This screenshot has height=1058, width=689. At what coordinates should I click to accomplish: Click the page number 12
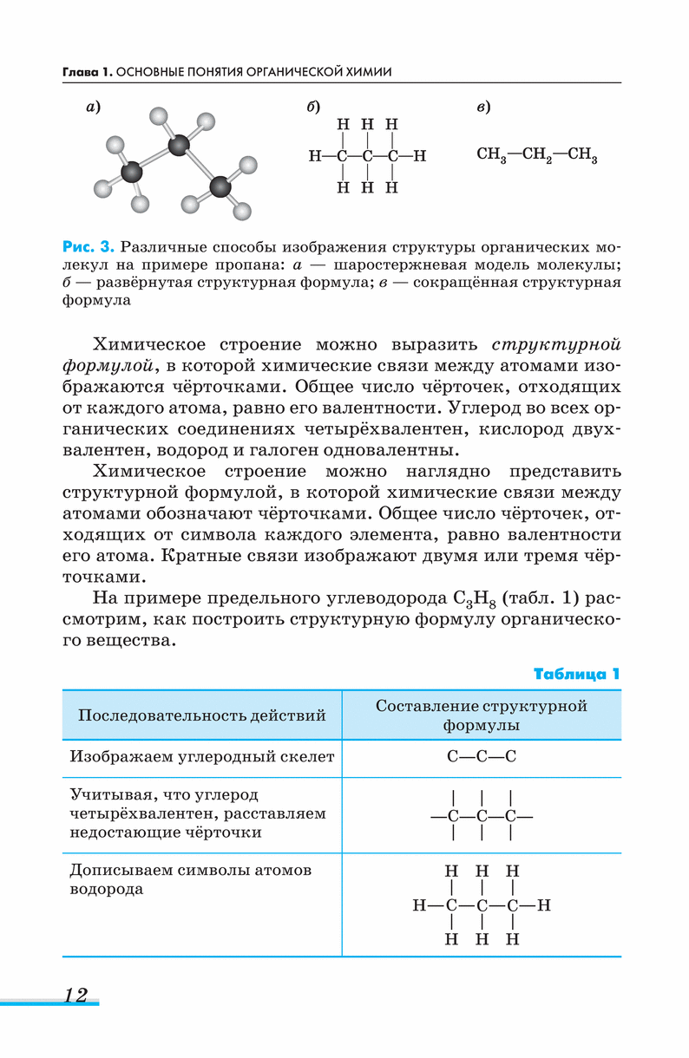click(75, 995)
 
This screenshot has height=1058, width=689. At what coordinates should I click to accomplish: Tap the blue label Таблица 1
click(577, 674)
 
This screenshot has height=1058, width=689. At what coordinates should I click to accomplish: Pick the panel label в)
click(483, 107)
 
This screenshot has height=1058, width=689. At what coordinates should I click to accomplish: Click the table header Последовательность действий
click(202, 715)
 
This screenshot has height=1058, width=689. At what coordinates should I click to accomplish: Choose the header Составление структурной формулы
click(482, 715)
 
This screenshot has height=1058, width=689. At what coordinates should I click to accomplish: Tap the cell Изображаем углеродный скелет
click(201, 757)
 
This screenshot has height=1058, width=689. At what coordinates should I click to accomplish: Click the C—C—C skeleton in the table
click(482, 757)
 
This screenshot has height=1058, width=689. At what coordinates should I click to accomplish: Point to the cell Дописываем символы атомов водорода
click(190, 879)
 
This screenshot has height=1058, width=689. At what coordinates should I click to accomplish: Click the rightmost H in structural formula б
click(420, 157)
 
